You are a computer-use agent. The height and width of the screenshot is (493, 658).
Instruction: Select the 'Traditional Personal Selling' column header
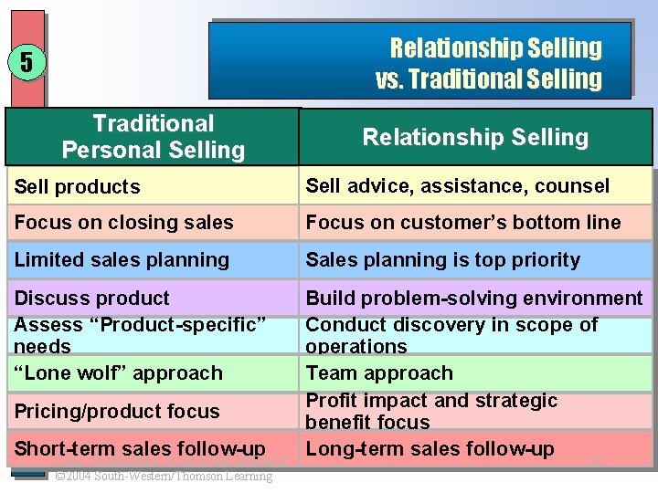point(153,137)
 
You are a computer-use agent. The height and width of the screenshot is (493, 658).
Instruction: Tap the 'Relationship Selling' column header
point(475,137)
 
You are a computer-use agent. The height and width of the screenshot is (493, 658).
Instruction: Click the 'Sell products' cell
point(78,187)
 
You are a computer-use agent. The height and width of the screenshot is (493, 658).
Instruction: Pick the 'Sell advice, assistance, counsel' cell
point(457,186)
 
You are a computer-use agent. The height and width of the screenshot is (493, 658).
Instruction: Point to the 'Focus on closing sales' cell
point(124,223)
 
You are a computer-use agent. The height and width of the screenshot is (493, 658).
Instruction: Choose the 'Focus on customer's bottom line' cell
point(463,223)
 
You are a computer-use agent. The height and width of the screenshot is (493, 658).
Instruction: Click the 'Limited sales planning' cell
point(122,260)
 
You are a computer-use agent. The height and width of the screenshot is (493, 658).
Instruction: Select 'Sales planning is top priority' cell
point(443,260)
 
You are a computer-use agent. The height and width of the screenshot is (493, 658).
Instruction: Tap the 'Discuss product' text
point(92,299)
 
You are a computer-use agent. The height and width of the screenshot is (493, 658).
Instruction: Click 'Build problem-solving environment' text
point(474,299)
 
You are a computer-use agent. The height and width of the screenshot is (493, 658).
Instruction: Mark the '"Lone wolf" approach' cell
point(119,373)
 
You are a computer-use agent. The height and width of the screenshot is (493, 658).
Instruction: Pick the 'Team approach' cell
point(379,373)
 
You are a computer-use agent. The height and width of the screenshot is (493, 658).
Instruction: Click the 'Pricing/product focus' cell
point(117,412)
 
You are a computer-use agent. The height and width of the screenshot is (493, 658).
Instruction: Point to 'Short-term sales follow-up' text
point(140,449)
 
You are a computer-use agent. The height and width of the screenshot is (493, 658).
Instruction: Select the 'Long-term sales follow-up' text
point(430,449)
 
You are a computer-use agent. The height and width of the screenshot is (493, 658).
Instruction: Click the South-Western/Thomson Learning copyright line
point(164,476)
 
